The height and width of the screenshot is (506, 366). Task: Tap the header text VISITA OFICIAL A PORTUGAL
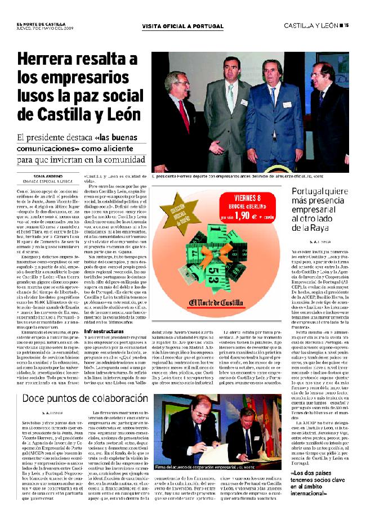[x=182, y=26]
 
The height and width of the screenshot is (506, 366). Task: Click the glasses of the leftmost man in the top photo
[x=176, y=82]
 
